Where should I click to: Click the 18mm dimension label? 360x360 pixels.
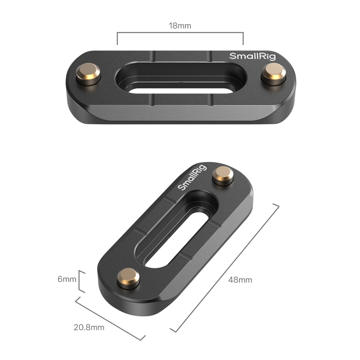tap(180, 26)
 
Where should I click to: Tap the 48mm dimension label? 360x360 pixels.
tap(240, 280)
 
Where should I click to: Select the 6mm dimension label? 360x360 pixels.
tap(67, 279)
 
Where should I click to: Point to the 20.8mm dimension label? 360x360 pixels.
tap(89, 327)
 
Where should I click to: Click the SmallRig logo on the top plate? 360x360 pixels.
tap(253, 56)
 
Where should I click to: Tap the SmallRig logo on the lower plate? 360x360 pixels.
tap(192, 177)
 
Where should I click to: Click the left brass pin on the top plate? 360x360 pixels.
tap(88, 74)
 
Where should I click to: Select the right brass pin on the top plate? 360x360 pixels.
tap(274, 74)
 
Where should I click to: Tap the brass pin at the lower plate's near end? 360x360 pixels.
tap(129, 278)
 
